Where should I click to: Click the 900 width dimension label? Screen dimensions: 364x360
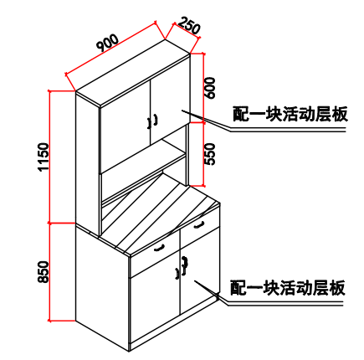click(107, 43)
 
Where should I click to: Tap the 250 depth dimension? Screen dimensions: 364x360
click(189, 25)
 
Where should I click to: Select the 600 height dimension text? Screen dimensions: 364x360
click(210, 88)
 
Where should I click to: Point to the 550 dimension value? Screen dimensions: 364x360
click(210, 154)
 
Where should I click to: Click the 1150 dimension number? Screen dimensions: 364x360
click(44, 157)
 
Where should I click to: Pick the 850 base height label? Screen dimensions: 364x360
click(44, 272)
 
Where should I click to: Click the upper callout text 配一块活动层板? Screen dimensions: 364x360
click(290, 114)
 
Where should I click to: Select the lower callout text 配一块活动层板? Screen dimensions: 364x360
click(288, 288)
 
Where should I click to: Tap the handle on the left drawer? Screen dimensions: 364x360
click(159, 248)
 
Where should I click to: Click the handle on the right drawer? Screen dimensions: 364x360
click(199, 224)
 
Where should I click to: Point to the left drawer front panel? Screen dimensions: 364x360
click(155, 253)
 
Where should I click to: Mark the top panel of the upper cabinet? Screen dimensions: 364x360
click(132, 73)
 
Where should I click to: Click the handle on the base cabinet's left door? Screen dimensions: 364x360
click(177, 273)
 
